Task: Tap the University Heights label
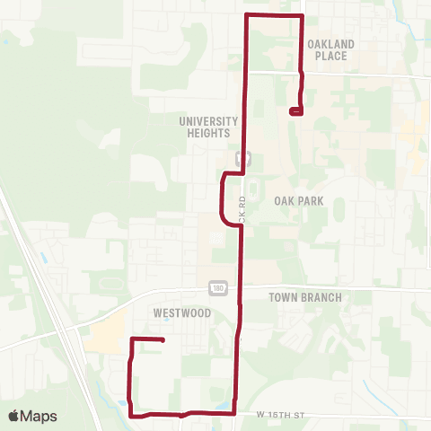(x=208, y=127)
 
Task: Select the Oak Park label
(x=299, y=201)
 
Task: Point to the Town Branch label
(x=305, y=296)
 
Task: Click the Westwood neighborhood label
(x=182, y=313)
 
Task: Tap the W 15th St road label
(x=281, y=414)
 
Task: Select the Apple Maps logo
(x=32, y=416)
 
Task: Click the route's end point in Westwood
(x=163, y=339)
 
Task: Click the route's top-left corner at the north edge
(x=247, y=16)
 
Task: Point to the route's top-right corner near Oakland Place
(x=303, y=16)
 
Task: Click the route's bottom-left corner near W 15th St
(x=132, y=415)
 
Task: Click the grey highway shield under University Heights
(x=240, y=157)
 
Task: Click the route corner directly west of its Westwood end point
(x=133, y=339)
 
